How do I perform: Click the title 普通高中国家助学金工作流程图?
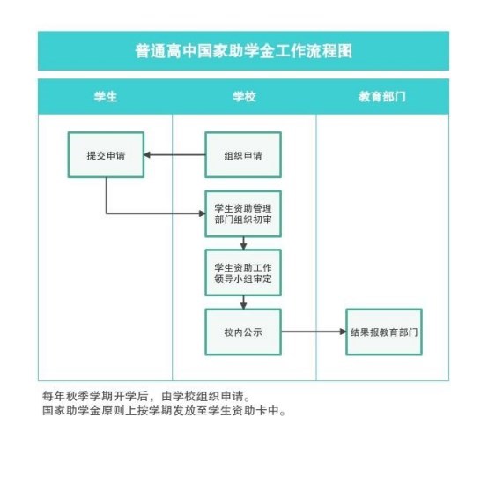coord(244,51)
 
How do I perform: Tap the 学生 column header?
coord(106,97)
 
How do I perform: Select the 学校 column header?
coord(244,97)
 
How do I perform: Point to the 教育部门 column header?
coord(382,97)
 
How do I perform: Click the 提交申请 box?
coord(106,155)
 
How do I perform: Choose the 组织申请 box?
coord(243,155)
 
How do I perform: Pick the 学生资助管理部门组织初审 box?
coord(243,214)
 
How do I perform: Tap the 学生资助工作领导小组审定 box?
coord(243,272)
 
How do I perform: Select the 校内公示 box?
coord(243,332)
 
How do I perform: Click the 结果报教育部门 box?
coord(384,332)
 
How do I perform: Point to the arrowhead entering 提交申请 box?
coord(147,155)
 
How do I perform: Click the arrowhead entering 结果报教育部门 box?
coord(343,332)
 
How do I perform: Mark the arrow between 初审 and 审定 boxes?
coord(243,243)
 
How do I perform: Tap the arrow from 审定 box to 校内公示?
coord(243,302)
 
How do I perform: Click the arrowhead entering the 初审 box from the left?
coord(202,213)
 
